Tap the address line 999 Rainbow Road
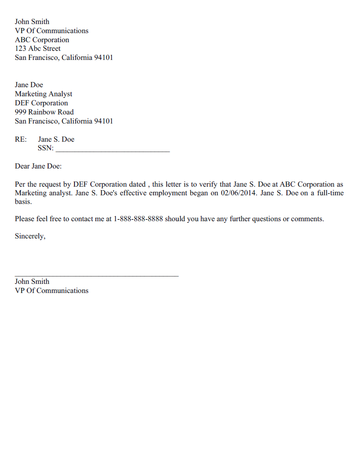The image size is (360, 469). click(x=45, y=112)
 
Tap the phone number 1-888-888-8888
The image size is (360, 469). click(x=143, y=218)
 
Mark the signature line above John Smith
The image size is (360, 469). click(x=96, y=274)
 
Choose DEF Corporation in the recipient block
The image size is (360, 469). click(x=42, y=103)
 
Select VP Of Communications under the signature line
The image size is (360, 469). click(x=52, y=291)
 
